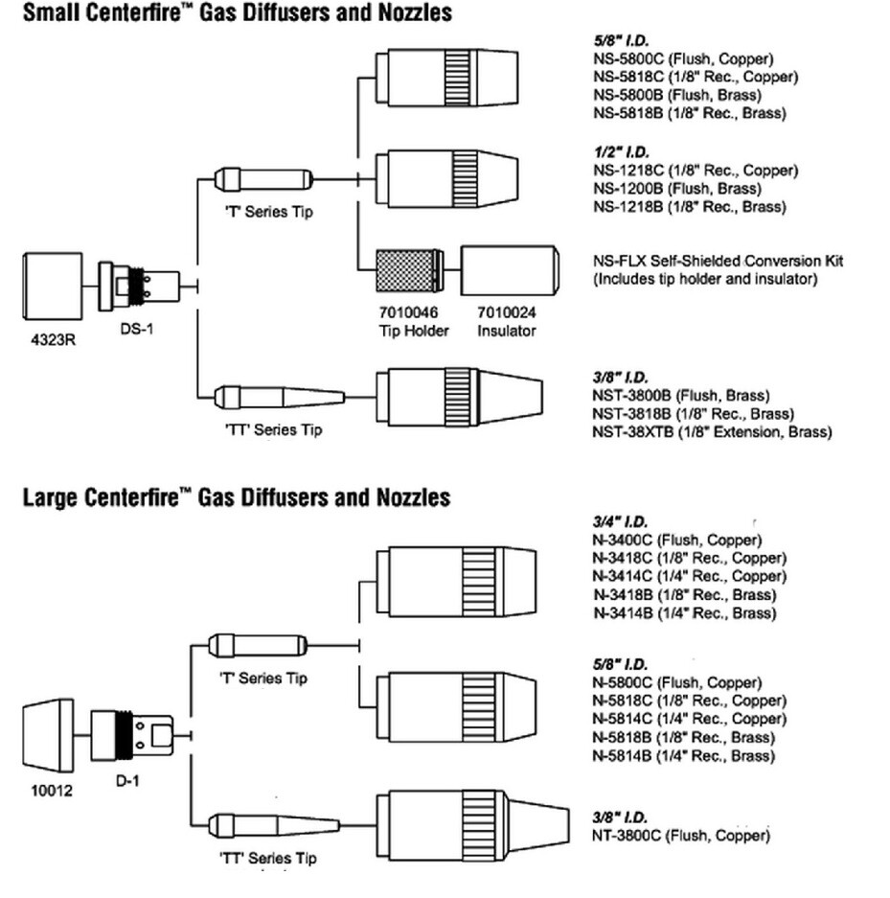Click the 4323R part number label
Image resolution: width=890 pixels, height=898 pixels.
tap(53, 340)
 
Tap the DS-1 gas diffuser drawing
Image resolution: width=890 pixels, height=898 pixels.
tap(139, 287)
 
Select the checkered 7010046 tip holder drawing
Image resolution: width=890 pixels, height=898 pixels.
tap(410, 270)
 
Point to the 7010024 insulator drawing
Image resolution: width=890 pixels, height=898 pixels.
tap(510, 270)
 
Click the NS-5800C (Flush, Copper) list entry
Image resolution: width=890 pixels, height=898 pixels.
tap(683, 59)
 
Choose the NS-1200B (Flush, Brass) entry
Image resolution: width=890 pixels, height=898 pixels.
tap(677, 189)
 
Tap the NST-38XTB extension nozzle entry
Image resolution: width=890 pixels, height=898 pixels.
tap(712, 432)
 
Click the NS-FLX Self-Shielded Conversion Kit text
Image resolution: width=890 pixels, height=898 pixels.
tap(719, 261)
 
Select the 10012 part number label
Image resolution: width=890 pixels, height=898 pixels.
tap(52, 791)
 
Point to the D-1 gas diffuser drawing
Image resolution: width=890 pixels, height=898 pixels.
tap(132, 736)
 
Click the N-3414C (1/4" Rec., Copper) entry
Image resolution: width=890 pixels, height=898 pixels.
tap(689, 576)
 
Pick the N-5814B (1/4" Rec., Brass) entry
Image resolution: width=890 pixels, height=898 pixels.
tap(684, 756)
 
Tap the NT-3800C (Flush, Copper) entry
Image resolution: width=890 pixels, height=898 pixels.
tap(680, 836)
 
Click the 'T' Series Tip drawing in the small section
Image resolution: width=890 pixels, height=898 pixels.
tap(263, 179)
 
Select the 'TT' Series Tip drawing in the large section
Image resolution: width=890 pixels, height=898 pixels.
tap(274, 825)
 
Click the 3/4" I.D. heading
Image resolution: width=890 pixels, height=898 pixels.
tap(620, 521)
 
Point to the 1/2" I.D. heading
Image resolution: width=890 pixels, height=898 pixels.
tap(621, 151)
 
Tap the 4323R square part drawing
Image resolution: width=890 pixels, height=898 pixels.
tap(53, 286)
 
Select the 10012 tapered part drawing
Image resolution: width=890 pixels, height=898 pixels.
tap(49, 735)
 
